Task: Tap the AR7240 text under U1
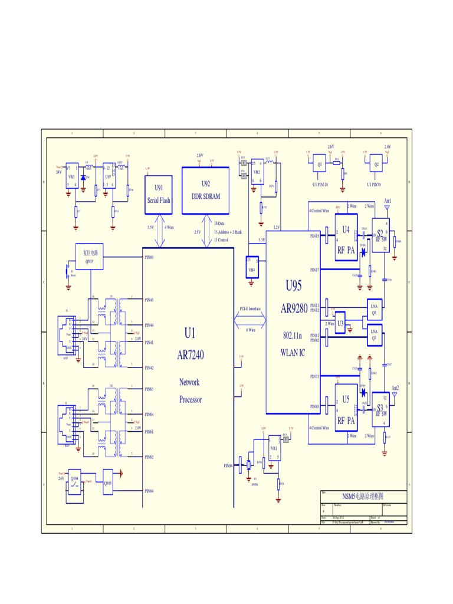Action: pos(189,355)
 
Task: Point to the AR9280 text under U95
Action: pos(294,308)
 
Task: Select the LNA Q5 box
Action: pos(374,308)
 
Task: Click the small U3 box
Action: pos(340,327)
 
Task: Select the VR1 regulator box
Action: pos(274,448)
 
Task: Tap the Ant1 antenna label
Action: pos(388,202)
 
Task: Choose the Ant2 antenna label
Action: pos(394,388)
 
